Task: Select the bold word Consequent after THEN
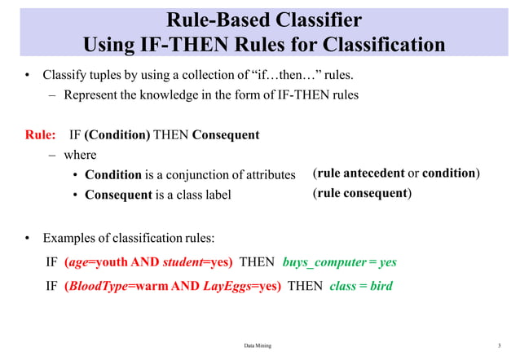pyautogui.click(x=226, y=134)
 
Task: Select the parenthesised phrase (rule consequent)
pyautogui.click(x=362, y=194)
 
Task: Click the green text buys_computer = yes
pyautogui.click(x=339, y=263)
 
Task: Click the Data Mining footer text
pyautogui.click(x=258, y=346)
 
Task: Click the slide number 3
pyautogui.click(x=498, y=346)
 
